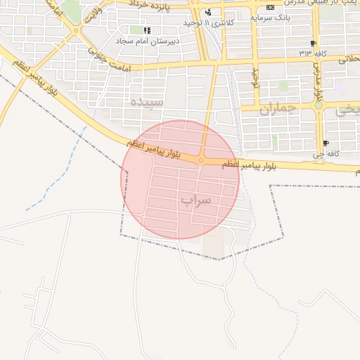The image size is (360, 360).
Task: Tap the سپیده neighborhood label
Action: [x=146, y=103]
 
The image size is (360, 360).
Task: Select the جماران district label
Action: [x=279, y=109]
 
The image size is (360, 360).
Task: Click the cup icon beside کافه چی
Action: [x=314, y=142]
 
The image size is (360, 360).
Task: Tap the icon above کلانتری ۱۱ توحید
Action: [x=208, y=13]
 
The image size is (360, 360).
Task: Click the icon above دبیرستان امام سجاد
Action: [x=147, y=30]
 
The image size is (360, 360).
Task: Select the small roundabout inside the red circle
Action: [x=201, y=160]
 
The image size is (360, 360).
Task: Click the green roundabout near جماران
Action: [x=319, y=105]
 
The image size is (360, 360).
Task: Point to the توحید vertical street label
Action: [x=257, y=77]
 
